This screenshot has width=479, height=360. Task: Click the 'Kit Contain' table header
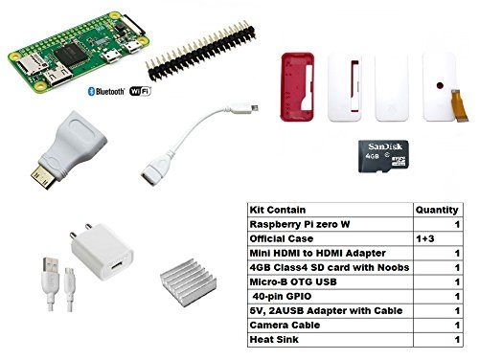[274, 208]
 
